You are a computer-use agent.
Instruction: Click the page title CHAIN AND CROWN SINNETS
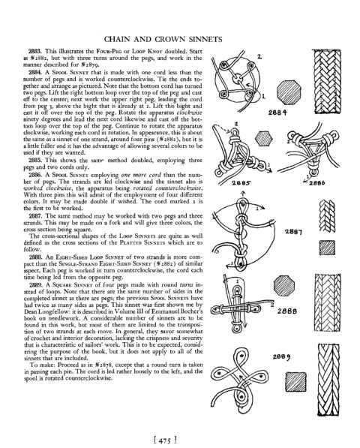(x=163, y=39)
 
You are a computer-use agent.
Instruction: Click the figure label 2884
(x=277, y=113)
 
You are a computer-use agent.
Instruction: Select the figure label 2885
(x=241, y=183)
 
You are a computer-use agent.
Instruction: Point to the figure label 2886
(x=316, y=183)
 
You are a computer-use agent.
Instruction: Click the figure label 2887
(x=293, y=232)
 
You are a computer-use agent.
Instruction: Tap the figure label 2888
(x=287, y=311)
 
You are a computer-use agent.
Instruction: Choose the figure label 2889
(x=281, y=357)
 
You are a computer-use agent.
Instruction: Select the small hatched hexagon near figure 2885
(x=264, y=138)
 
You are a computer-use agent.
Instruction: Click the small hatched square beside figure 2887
(x=327, y=248)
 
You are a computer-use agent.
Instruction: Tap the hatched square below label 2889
(x=296, y=382)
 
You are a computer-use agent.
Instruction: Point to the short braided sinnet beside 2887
(x=327, y=215)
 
